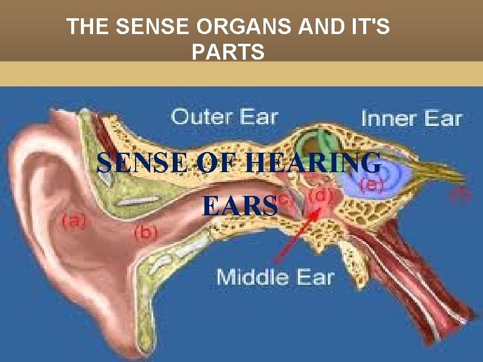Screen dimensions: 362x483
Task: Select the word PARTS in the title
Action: coord(228,53)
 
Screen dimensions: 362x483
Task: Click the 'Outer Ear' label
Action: coord(224,116)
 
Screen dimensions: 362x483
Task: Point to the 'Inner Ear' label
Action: coord(412,118)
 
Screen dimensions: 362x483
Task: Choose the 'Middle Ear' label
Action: coord(276,277)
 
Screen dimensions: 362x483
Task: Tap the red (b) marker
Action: coord(146,231)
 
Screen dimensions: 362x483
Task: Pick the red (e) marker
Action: coord(369,185)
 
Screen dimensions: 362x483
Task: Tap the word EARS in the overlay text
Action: coord(239,206)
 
